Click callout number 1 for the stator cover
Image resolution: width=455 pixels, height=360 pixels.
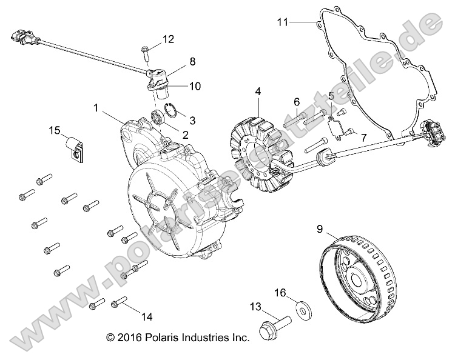click(x=95, y=108)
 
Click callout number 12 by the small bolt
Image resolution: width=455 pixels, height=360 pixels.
click(x=168, y=39)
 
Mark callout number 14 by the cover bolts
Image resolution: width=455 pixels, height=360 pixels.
click(x=146, y=316)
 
